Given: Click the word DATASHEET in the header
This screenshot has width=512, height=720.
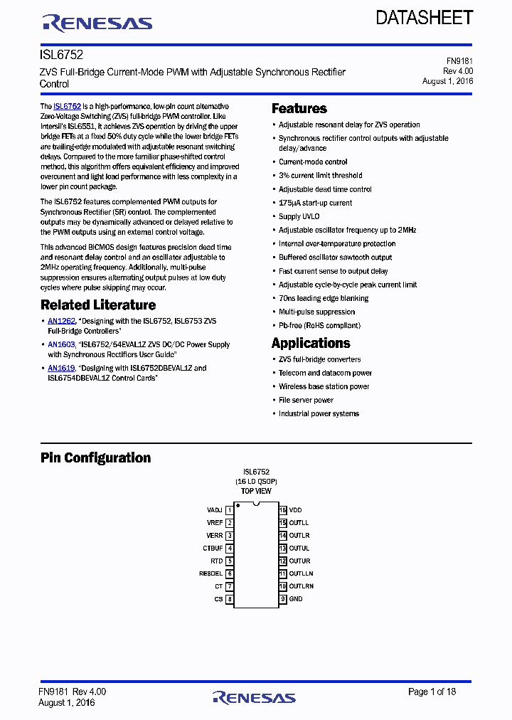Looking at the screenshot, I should click(x=424, y=18).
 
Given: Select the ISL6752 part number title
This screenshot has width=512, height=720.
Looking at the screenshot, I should click(x=56, y=54).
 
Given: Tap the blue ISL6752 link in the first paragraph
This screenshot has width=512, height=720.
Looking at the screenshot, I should click(x=67, y=106).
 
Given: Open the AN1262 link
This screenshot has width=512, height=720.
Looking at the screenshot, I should click(x=61, y=322).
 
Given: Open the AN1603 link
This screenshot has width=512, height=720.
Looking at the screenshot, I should click(x=61, y=345).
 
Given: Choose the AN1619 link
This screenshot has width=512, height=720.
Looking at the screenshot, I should click(x=61, y=369).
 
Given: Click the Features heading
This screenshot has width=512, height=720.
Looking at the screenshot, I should click(x=299, y=109).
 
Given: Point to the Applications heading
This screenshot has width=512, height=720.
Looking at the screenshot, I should click(x=310, y=343).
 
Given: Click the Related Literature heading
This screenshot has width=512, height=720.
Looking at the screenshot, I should click(x=97, y=305).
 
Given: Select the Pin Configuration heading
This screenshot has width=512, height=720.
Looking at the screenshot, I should click(x=95, y=458).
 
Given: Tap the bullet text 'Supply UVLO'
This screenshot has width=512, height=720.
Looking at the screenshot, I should click(x=299, y=216).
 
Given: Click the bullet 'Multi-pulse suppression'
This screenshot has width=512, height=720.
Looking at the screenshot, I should click(x=316, y=312).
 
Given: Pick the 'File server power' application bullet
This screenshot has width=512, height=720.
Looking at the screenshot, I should click(x=306, y=400).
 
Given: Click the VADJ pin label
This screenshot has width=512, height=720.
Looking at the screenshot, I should click(x=214, y=510).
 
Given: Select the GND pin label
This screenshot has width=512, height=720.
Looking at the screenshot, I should click(x=296, y=599).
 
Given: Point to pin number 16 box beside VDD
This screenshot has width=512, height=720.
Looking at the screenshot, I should click(x=282, y=510).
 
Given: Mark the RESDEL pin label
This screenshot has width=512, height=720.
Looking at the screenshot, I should click(x=210, y=573).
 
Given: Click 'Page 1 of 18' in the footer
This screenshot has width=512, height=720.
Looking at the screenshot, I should click(x=432, y=692).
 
